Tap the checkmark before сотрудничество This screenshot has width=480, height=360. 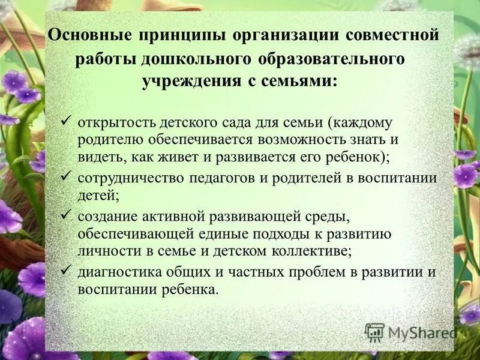(x=67, y=177)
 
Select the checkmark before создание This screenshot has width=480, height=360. (x=67, y=214)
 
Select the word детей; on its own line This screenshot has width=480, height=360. (x=98, y=196)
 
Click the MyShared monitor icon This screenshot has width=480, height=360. (x=374, y=332)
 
